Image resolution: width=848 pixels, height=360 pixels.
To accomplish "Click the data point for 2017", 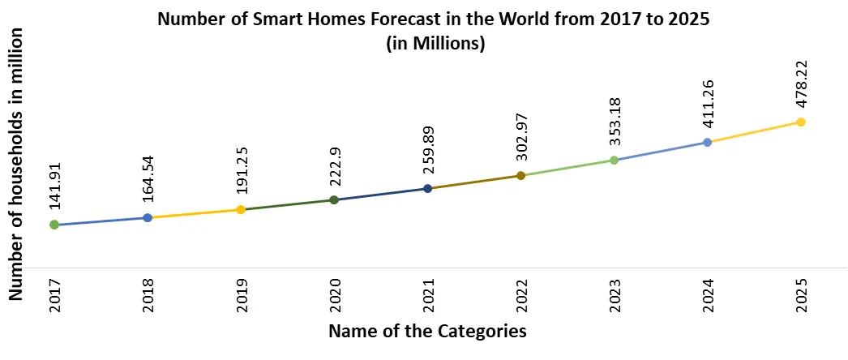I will (x=54, y=225).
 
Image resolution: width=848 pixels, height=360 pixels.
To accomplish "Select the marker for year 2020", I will (x=334, y=199).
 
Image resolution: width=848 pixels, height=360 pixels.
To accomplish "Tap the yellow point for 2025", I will (x=800, y=122).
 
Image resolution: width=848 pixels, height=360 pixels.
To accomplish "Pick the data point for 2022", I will (x=520, y=175).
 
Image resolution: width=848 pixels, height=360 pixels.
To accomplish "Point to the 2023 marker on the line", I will (x=614, y=160).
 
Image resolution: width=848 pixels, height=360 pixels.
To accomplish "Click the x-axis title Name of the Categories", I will (x=427, y=331).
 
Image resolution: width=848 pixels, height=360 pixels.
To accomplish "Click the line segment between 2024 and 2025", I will (x=754, y=132).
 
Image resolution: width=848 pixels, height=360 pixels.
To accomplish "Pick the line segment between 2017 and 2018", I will (x=101, y=221).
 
